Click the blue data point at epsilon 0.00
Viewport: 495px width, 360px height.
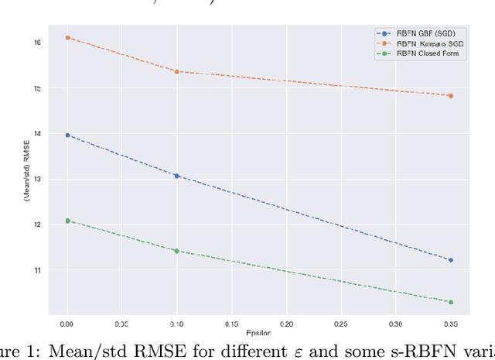click(x=67, y=135)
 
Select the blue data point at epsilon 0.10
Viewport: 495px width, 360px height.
click(x=176, y=176)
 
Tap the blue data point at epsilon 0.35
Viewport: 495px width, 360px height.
click(x=450, y=260)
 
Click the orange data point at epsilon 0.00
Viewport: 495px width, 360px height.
click(x=67, y=37)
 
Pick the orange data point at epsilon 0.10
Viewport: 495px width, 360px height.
click(x=176, y=71)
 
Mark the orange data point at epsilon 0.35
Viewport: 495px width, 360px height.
click(x=450, y=96)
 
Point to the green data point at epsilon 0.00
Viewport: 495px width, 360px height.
click(x=67, y=221)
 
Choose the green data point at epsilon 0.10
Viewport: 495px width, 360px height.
click(x=176, y=251)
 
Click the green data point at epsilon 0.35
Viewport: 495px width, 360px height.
click(x=450, y=302)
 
